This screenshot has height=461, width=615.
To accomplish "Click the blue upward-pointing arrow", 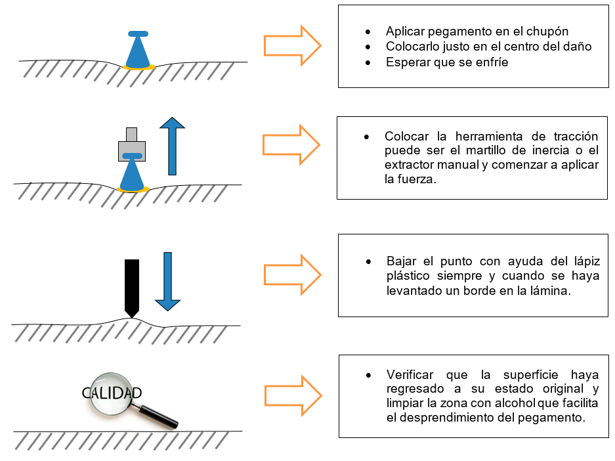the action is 172,146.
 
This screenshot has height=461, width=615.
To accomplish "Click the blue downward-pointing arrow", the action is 167,281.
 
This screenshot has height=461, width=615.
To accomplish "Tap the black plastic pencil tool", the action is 132,288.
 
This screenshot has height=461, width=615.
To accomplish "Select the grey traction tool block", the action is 132,144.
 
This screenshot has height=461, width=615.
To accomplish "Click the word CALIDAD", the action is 112,393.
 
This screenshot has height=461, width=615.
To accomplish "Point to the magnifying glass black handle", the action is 158,416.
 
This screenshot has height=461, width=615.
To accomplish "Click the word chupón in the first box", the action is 547,32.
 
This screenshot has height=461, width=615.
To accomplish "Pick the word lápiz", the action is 587,261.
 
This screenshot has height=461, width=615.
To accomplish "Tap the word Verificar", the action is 410,375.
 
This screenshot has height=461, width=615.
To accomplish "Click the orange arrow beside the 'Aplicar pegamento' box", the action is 293,45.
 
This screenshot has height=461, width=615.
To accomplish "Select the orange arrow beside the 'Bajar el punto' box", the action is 293,274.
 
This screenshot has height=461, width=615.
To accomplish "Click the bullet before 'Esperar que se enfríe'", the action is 368,63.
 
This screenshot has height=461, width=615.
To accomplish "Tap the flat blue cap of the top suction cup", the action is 138,33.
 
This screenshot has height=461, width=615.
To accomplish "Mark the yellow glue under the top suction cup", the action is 139,68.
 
